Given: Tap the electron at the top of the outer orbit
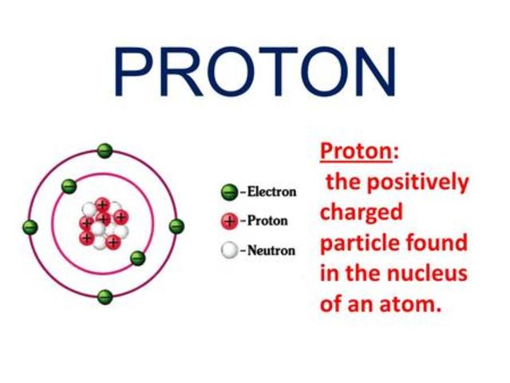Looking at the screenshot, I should click(x=105, y=151).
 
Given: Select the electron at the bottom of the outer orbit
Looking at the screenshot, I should click(x=105, y=297).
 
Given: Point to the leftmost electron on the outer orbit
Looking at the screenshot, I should click(x=30, y=227).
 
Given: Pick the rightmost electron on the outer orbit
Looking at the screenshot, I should click(x=177, y=226).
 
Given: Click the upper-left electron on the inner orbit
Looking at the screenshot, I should click(x=69, y=187).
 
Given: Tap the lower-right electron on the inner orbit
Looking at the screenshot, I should click(x=138, y=258).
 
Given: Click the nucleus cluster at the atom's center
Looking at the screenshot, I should click(x=103, y=224).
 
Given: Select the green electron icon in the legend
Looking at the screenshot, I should click(x=229, y=191).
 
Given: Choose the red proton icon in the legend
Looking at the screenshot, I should click(x=229, y=221).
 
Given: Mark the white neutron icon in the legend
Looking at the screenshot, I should click(x=229, y=250).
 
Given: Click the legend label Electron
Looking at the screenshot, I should click(x=271, y=191).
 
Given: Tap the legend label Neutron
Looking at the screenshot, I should click(x=271, y=251).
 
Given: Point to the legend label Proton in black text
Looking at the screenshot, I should click(x=267, y=221).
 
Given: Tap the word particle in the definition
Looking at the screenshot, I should click(x=358, y=243).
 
